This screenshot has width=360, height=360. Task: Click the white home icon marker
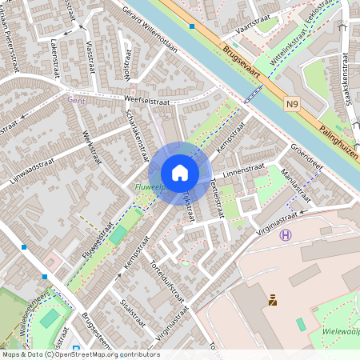(180, 173)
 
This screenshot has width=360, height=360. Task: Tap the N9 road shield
(293, 103)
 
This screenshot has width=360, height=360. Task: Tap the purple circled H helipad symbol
(286, 234)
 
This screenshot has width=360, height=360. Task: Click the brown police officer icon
(273, 300)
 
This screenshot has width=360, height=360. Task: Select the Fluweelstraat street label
(95, 242)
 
